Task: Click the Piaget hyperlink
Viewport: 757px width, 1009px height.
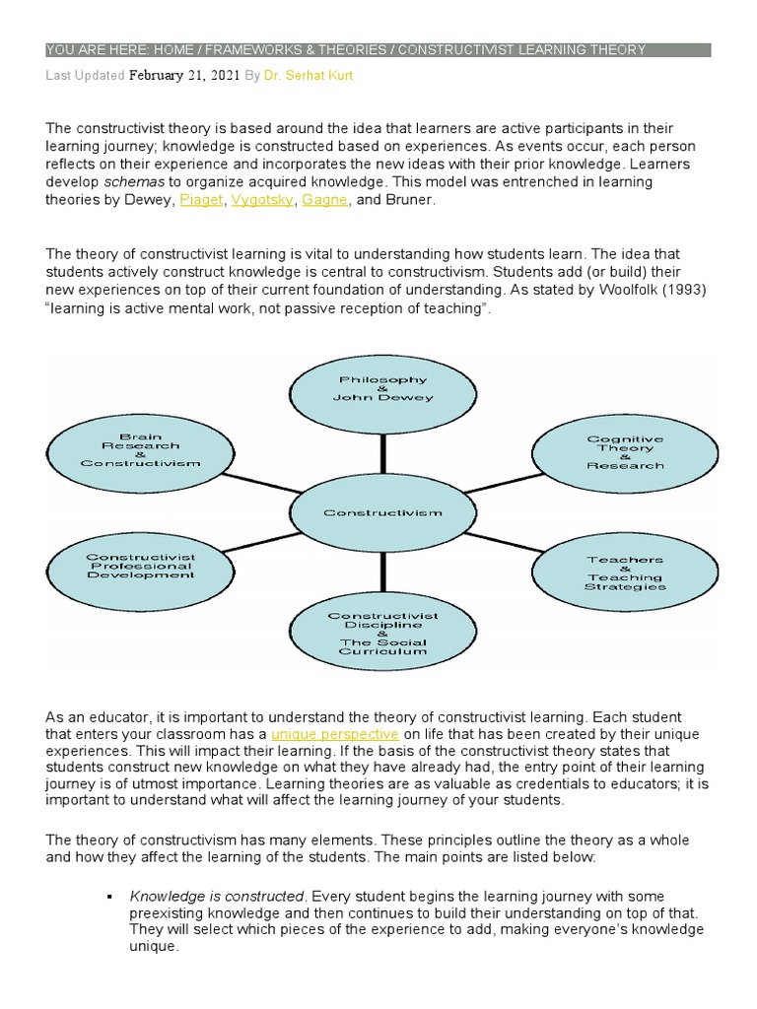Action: [x=201, y=200]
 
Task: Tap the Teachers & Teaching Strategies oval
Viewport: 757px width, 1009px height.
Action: [x=625, y=572]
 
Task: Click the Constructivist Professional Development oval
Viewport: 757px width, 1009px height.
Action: [x=140, y=567]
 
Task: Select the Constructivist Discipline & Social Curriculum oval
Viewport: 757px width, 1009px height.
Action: [x=382, y=633]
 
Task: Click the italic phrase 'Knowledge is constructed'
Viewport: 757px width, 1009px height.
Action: [x=217, y=897]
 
